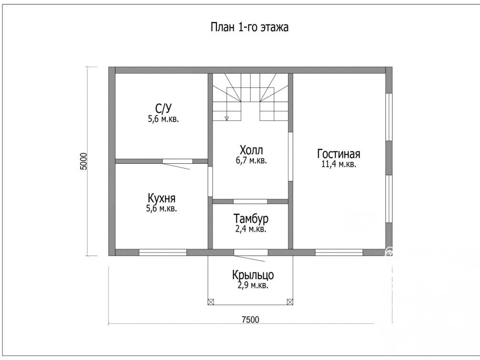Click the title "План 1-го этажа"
tap(249, 27)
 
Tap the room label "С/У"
tap(163, 108)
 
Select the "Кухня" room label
tap(161, 198)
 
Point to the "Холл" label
tap(251, 150)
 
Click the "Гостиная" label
tap(339, 154)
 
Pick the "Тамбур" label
tap(251, 219)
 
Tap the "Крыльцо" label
tap(253, 275)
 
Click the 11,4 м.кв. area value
tap(339, 164)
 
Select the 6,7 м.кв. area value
tap(251, 160)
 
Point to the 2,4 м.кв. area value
tap(251, 229)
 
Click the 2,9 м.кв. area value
tap(253, 286)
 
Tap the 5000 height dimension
tap(84, 161)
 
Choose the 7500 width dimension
tap(250, 320)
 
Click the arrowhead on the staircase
tap(227, 118)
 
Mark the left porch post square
tap(211, 302)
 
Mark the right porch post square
tap(290, 302)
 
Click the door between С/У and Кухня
tap(177, 161)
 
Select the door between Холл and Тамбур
tap(250, 201)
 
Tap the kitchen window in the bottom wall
tap(163, 252)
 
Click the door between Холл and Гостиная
tap(291, 157)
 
